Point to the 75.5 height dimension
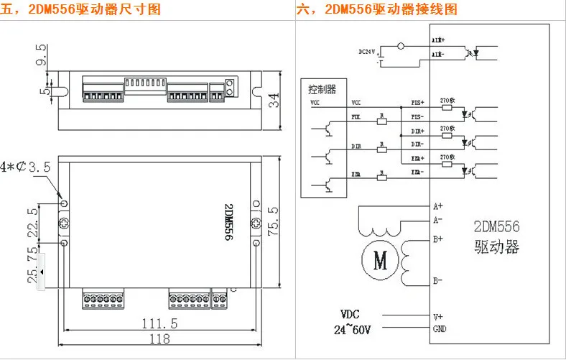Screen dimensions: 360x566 pos(273,219)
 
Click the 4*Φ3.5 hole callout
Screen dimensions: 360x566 pos(26,167)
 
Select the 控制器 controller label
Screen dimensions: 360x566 pos(322,90)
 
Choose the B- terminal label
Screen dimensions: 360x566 pos(437,280)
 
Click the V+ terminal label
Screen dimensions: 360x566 pos(438,316)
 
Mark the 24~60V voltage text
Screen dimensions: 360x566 pos(353,330)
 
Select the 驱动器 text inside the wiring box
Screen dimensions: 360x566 pos(496,247)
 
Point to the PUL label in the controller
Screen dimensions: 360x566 pos(356,115)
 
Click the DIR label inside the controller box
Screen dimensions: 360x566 pos(356,144)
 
